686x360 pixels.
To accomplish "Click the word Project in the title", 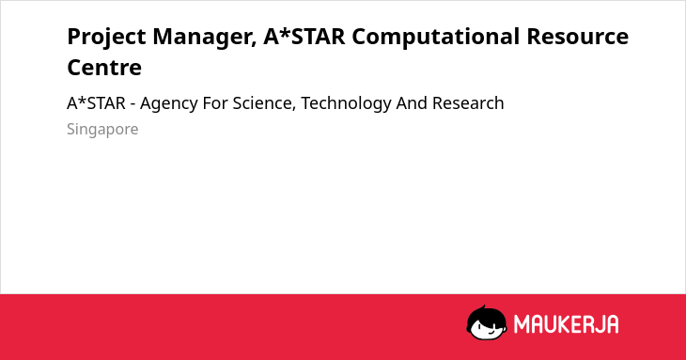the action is coord(106,38).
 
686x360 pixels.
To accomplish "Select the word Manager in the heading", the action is coord(204,38).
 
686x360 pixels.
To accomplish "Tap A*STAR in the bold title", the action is coord(304,36).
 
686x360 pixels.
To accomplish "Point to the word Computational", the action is coord(436,38).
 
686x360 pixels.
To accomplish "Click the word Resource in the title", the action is coord(578,36).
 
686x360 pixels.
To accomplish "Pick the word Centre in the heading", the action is coord(104,68).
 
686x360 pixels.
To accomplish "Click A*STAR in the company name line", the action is coord(96,103).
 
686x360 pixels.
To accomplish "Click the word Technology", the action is coord(346,104).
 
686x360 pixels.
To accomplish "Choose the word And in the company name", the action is coord(412,103).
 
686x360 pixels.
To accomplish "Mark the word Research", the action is coord(468,103).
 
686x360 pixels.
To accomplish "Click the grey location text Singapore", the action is coord(102,130).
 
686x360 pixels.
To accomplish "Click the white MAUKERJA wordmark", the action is coord(566,324).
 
